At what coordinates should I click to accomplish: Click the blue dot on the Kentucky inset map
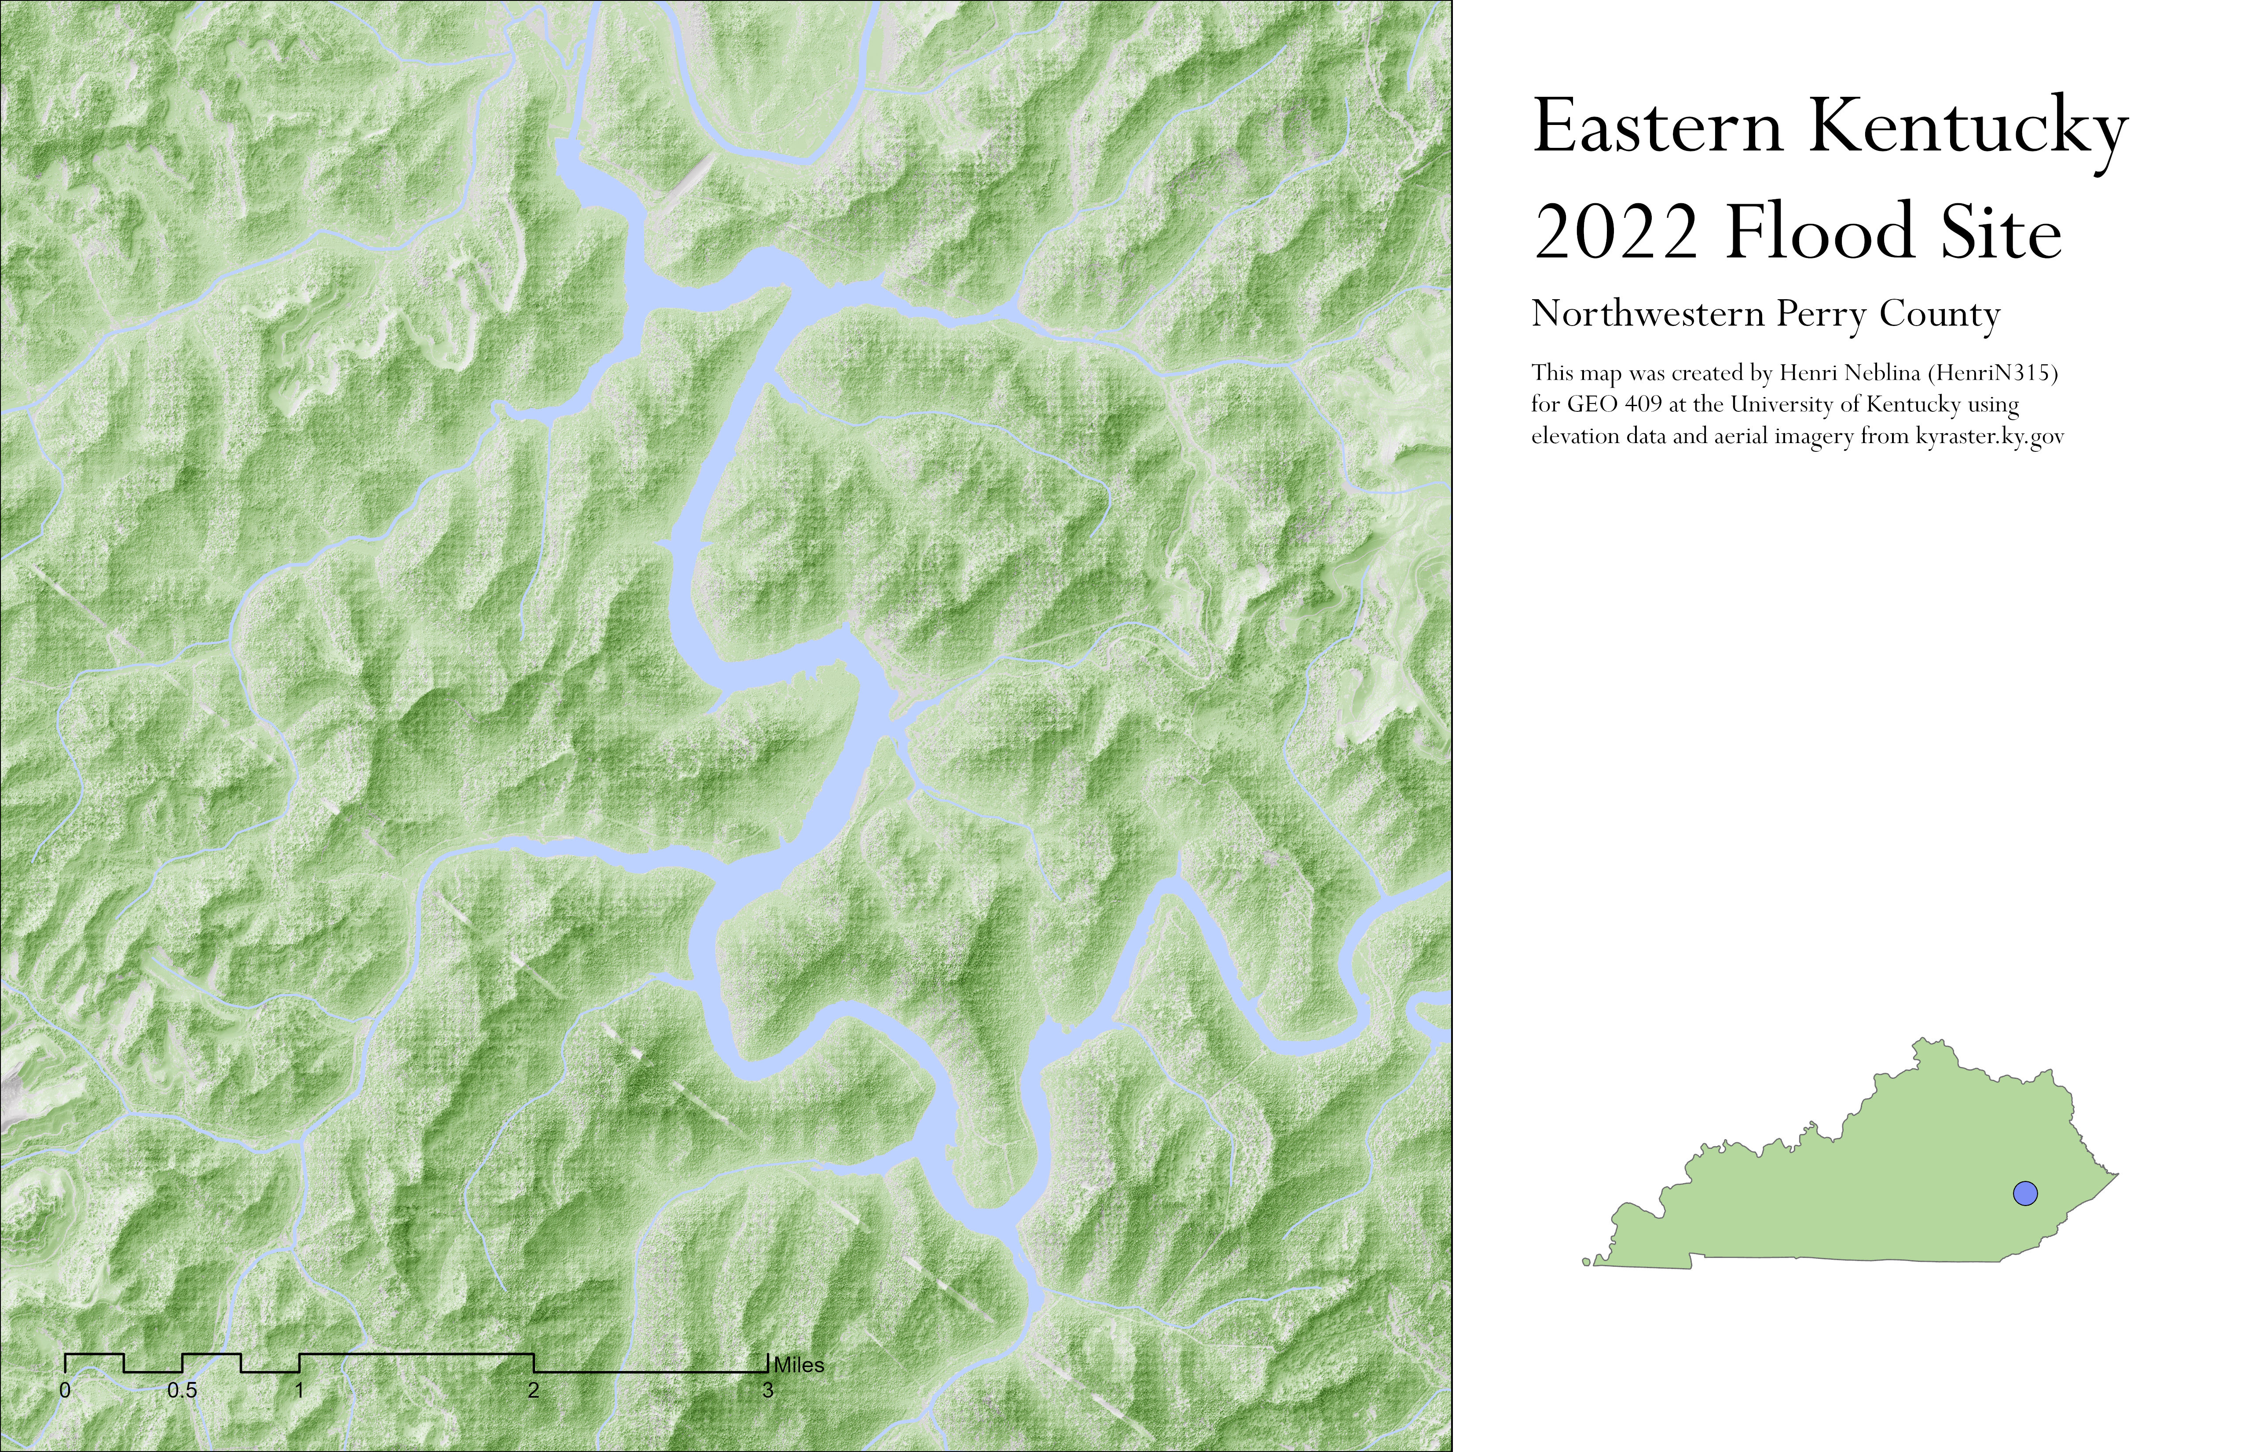2024,1193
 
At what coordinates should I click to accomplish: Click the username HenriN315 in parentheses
1991,374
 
